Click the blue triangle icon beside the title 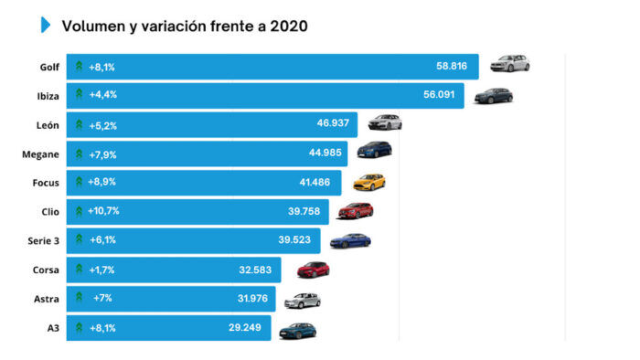(x=46, y=26)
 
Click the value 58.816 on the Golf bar (x=452, y=66)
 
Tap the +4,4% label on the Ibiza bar (x=102, y=95)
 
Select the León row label (x=48, y=124)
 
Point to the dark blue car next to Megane (x=374, y=150)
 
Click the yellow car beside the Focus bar (x=368, y=181)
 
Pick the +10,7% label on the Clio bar (x=104, y=211)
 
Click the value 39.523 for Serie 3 (x=295, y=240)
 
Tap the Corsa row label (x=47, y=270)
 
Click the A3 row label (x=54, y=327)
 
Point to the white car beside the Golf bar (x=509, y=64)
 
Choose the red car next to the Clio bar (x=356, y=210)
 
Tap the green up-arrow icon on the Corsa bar (x=80, y=270)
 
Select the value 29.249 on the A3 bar (x=247, y=327)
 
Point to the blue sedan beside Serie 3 (x=350, y=240)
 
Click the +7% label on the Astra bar (x=101, y=299)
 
